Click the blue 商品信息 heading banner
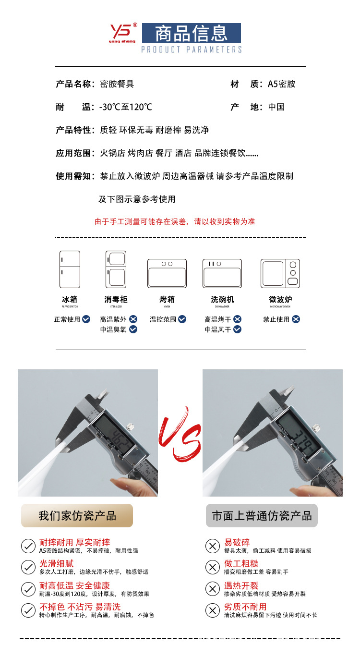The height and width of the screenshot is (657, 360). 191,34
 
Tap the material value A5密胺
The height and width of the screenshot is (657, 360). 281,84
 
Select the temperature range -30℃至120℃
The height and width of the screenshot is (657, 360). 126,107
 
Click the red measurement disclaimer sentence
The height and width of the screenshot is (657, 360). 175,221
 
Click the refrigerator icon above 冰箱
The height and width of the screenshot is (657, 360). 70,269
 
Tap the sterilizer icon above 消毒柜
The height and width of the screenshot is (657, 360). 116,269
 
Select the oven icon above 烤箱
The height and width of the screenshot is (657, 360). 167,273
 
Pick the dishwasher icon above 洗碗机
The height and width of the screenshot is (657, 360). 222,273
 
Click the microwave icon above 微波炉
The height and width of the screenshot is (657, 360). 280,273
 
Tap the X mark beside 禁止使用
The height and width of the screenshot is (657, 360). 296,319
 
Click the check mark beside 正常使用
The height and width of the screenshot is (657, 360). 86,319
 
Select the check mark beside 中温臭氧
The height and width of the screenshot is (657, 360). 133,329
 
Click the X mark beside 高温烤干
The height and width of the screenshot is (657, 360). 237,319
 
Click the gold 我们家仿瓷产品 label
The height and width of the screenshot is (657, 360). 77,516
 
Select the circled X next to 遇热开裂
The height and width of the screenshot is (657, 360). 212,589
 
